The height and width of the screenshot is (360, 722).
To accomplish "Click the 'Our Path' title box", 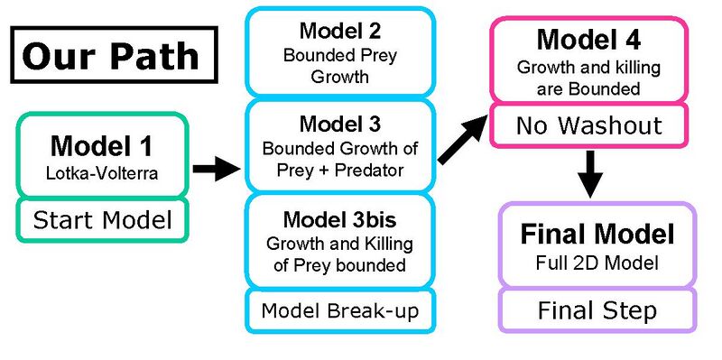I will click(110, 56).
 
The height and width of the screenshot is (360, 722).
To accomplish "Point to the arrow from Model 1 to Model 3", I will click(218, 169).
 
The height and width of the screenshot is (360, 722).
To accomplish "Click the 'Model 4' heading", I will click(589, 40).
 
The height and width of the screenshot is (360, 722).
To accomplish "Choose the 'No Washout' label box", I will click(589, 125).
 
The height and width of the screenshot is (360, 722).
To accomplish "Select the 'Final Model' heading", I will click(597, 235).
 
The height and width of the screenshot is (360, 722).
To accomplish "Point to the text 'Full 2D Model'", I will click(597, 264).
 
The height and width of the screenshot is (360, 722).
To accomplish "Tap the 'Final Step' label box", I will click(597, 311).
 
